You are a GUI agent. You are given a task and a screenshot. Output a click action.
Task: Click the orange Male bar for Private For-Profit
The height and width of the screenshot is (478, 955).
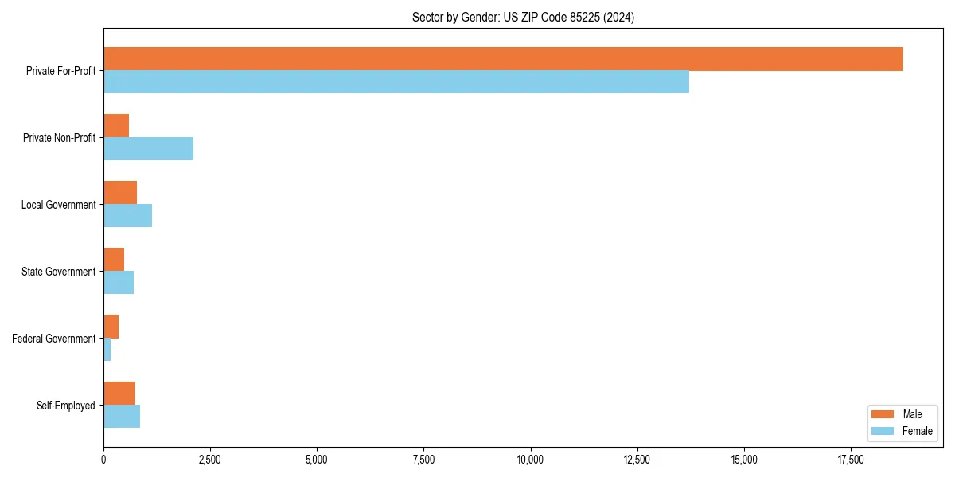point(503,59)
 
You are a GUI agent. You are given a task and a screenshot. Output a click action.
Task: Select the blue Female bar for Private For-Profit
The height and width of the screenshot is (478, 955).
point(396,82)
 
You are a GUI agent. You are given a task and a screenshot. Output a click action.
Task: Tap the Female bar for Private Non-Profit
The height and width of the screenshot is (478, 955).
point(148,149)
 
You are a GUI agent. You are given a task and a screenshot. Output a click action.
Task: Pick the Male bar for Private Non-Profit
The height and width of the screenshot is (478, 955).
point(116,126)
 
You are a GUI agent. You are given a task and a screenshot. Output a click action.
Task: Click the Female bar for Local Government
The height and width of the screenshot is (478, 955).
point(127,216)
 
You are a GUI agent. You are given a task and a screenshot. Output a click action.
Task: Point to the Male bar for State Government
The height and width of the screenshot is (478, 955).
point(114,260)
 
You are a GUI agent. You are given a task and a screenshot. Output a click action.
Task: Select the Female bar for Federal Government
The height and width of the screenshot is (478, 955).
point(107,350)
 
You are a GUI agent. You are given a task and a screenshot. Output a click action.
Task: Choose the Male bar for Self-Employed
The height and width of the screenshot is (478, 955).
point(119,394)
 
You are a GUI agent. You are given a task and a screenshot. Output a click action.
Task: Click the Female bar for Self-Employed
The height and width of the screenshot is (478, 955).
point(122,417)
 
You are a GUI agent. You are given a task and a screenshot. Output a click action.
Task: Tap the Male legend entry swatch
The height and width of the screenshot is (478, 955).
point(883,414)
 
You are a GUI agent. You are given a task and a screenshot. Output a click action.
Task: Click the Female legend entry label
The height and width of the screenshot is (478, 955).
point(918,431)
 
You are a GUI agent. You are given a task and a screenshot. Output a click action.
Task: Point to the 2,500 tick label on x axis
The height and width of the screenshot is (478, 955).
point(210,460)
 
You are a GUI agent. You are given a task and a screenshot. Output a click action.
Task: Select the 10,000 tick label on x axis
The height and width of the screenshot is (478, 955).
point(530,460)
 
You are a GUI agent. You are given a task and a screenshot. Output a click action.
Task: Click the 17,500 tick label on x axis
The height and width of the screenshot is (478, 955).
point(851,460)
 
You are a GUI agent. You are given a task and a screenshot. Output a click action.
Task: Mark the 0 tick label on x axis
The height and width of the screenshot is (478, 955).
point(103,460)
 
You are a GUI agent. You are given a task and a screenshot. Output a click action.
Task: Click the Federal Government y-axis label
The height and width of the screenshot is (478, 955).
point(54,339)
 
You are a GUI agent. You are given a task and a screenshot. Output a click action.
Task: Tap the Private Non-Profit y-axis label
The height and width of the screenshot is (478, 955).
point(59,138)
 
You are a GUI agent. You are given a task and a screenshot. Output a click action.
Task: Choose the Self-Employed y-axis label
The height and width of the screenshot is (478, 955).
point(66,406)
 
